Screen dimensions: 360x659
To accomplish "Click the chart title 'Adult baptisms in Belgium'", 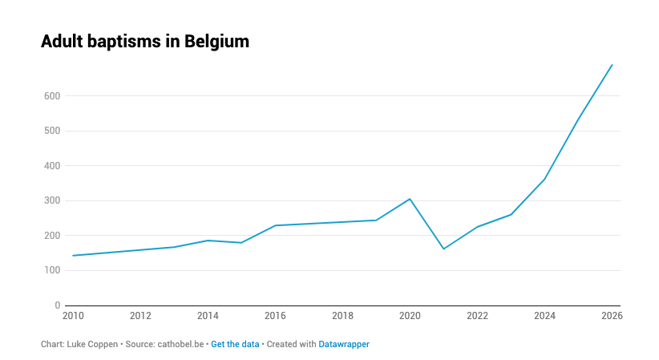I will pos(145,42).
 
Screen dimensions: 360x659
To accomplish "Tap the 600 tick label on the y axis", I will pos(52,96).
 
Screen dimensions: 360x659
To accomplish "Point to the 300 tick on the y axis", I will pos(52,201).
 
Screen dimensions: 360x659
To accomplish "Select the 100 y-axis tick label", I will pos(52,271).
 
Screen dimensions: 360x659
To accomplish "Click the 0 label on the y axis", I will pos(57,305).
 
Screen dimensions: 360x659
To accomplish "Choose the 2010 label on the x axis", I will pos(73,316).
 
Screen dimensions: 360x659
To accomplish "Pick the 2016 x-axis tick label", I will pos(275,316).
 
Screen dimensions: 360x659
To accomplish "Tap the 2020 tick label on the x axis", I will pos(410,316).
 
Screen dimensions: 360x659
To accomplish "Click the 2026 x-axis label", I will pos(612,316).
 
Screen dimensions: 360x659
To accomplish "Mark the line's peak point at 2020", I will pos(410,199).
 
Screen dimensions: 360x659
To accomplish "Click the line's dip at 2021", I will pos(443,249).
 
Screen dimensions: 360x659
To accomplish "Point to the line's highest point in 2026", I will pos(613,65).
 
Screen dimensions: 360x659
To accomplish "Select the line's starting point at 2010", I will pos(73,256).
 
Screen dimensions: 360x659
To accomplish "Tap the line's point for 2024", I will pos(545,179).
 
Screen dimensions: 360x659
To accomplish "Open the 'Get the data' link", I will pos(235,344).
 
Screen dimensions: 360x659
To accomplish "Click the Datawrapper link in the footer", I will pos(344,344).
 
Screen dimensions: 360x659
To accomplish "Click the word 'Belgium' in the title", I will pos(216,42).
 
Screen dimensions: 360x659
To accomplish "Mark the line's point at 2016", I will pos(275,225).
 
